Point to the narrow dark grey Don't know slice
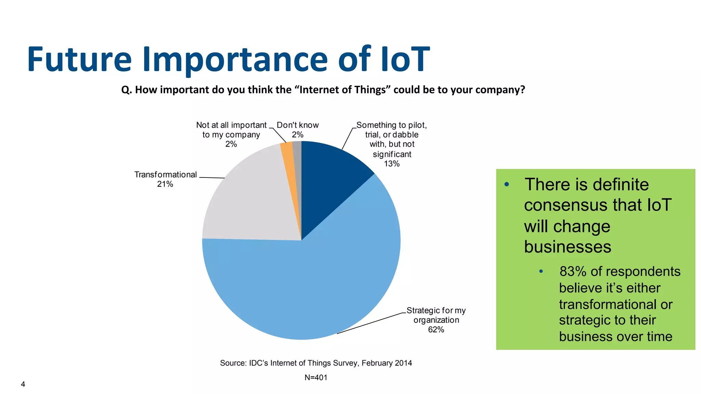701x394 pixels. tap(297, 164)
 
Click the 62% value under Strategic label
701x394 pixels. tap(436, 330)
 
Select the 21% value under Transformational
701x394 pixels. tap(165, 184)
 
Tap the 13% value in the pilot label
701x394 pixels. tap(392, 164)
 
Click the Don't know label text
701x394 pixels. tap(297, 125)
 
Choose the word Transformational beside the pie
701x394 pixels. tap(165, 175)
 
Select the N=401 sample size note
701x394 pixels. tap(316, 378)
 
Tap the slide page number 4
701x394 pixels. tap(23, 384)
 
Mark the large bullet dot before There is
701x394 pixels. tap(507, 185)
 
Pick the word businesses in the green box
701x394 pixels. tap(567, 247)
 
